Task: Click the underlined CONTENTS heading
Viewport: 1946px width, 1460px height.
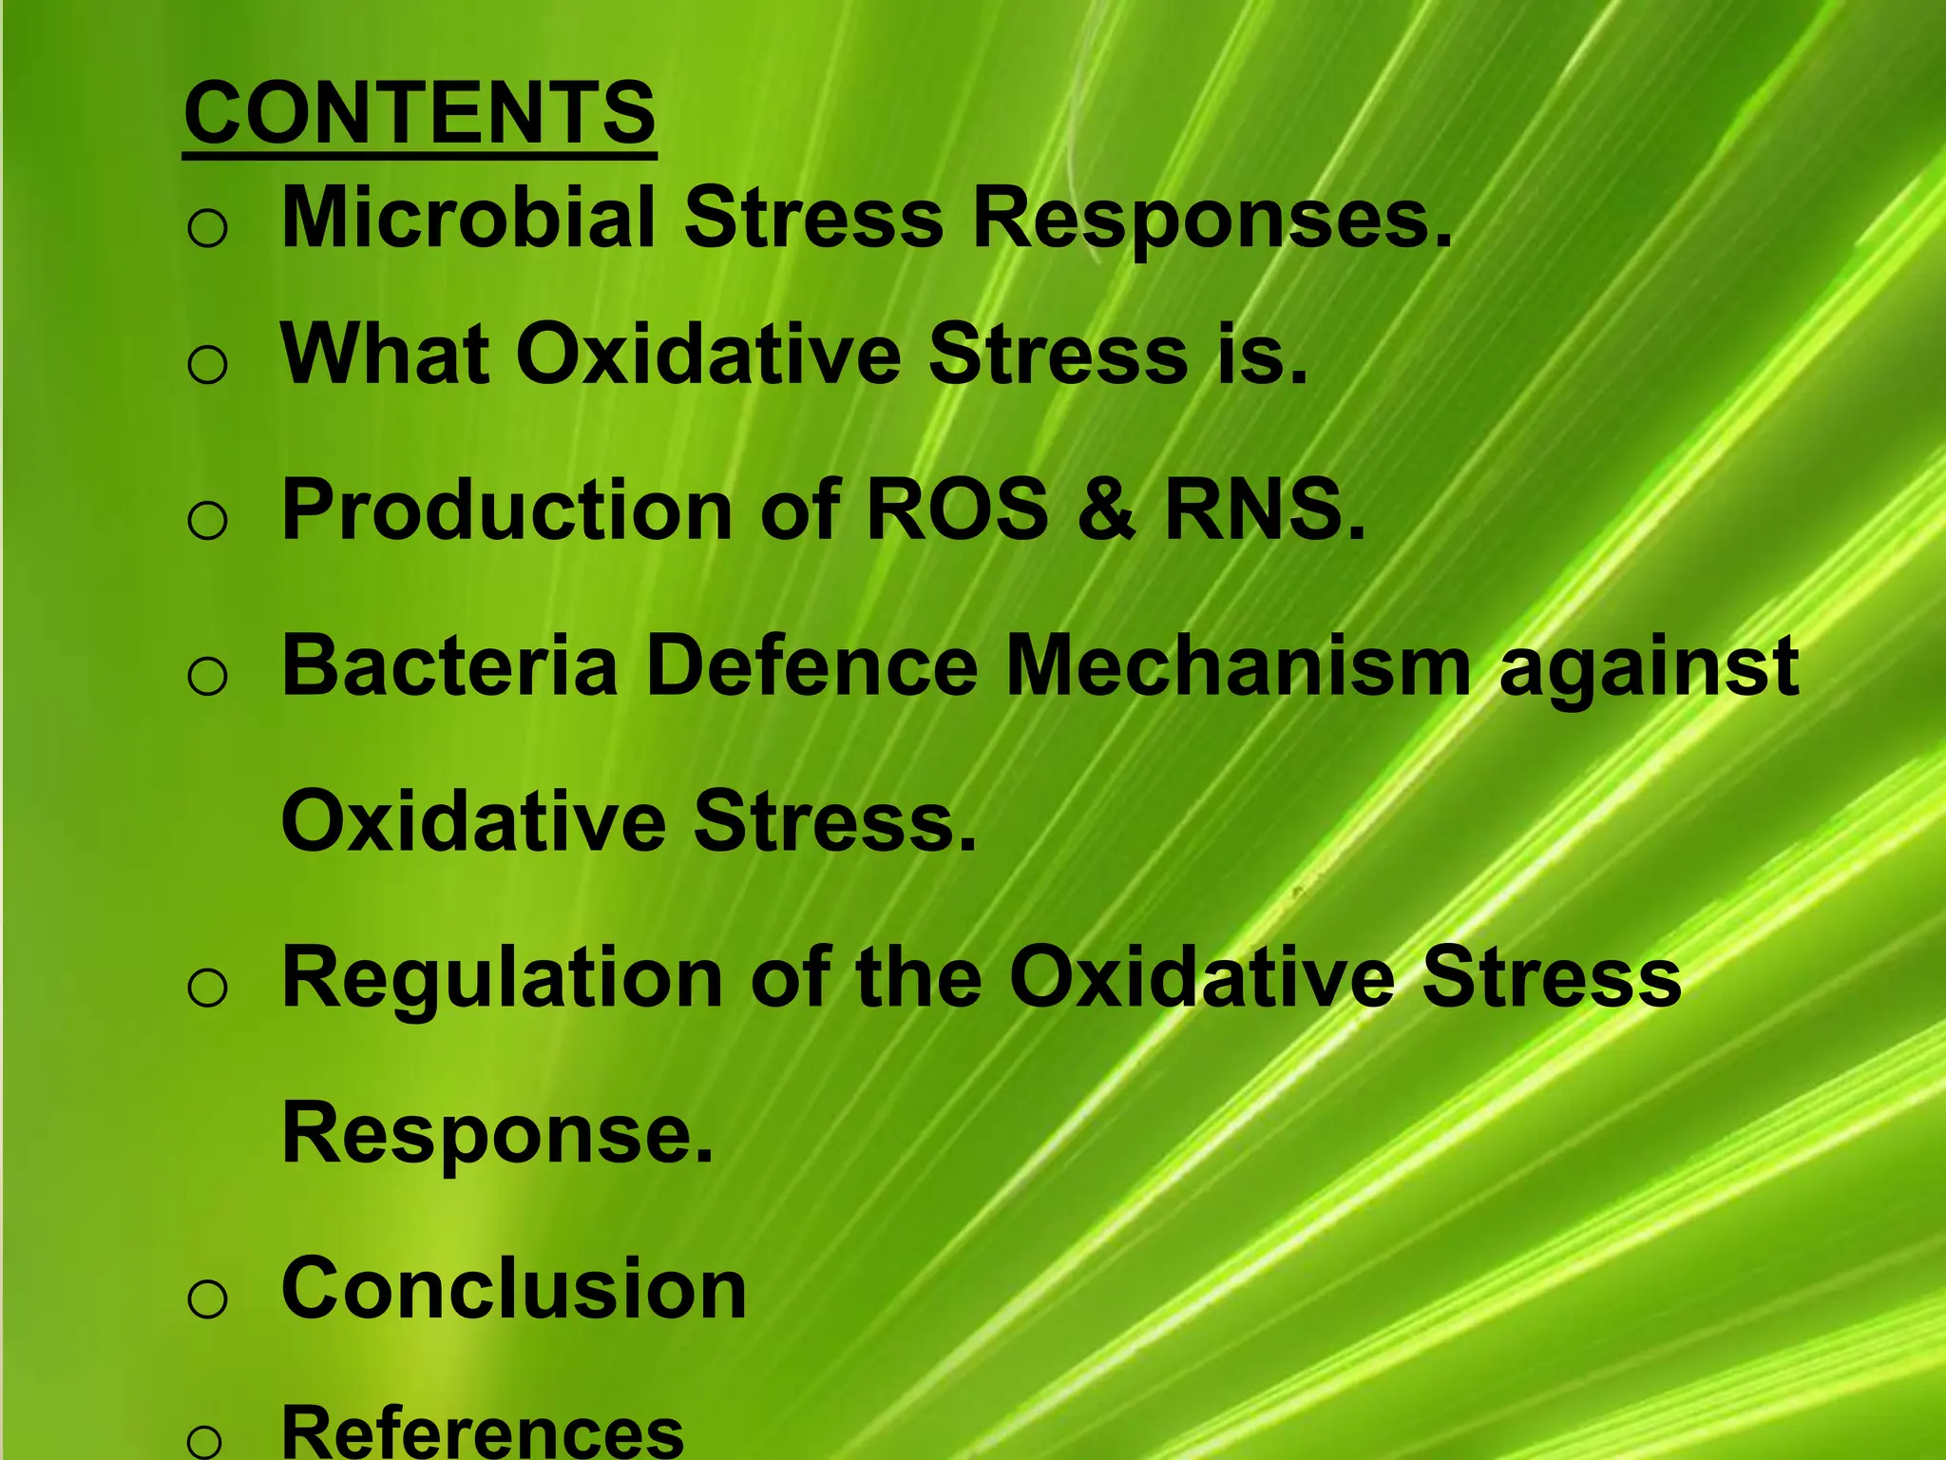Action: click(x=419, y=113)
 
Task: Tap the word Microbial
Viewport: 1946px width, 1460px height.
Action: click(x=468, y=219)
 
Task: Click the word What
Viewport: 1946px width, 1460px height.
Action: click(x=385, y=355)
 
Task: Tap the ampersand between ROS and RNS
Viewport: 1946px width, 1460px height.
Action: click(x=1105, y=510)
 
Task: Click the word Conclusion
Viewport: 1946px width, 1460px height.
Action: click(x=514, y=1289)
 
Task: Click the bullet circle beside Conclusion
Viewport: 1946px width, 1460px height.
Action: click(x=207, y=1298)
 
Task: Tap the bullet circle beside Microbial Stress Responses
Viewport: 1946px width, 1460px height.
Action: click(x=207, y=229)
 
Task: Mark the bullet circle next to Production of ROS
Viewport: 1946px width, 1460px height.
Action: click(x=207, y=521)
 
